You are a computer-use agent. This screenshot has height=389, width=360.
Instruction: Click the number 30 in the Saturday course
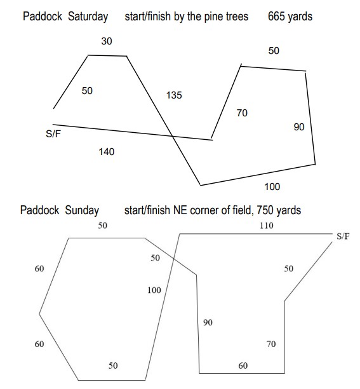click(x=107, y=41)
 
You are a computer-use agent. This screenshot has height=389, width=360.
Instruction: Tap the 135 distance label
click(x=174, y=95)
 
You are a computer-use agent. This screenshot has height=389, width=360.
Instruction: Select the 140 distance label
click(x=107, y=152)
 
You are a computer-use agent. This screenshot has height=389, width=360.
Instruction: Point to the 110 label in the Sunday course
click(x=267, y=226)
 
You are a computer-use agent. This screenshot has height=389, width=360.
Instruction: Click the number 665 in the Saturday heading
click(x=276, y=17)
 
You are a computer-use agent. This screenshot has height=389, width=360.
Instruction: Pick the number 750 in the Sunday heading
click(x=265, y=210)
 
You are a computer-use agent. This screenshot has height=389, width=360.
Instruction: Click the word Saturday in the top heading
click(x=88, y=17)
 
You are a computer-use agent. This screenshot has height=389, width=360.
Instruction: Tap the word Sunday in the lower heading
click(x=82, y=210)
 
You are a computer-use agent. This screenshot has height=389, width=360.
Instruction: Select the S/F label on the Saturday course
click(x=53, y=134)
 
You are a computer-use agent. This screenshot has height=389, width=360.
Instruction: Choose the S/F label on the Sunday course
click(x=343, y=236)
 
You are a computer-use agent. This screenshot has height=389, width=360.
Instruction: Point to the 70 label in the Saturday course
click(x=242, y=113)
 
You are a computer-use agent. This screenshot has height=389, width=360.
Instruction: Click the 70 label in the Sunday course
click(x=271, y=344)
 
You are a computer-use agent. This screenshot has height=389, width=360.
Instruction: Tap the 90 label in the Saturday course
click(x=299, y=127)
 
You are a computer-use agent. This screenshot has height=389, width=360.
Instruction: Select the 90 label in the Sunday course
click(x=208, y=322)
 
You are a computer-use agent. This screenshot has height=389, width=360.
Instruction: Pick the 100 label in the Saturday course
click(x=272, y=187)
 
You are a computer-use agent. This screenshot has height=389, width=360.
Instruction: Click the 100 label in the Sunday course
click(x=154, y=290)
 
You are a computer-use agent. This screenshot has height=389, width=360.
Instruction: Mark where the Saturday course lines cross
click(x=173, y=136)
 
